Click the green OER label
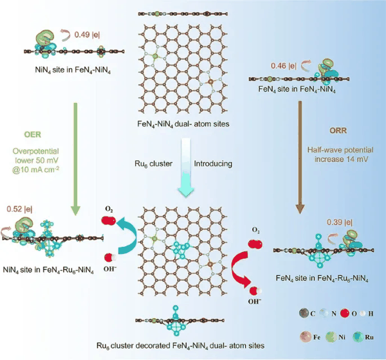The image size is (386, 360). [33, 134]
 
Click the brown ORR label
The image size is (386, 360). [338, 130]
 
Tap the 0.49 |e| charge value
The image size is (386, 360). [87, 35]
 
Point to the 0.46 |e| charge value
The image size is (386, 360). [284, 66]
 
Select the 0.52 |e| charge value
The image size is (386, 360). [19, 209]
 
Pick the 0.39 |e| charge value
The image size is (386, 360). [340, 222]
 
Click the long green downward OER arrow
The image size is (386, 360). [75, 159]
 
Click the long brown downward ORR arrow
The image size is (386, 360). [300, 157]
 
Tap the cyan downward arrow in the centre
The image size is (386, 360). [186, 168]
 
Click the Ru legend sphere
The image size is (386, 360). [358, 337]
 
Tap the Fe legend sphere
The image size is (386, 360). [306, 336]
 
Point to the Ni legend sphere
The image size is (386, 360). [331, 337]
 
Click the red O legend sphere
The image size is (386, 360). [345, 313]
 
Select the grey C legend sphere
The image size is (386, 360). [304, 313]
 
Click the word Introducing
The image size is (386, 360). [213, 164]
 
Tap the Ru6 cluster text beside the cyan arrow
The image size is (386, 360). [153, 164]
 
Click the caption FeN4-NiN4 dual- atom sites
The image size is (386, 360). [183, 124]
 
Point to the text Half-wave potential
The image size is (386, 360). [340, 150]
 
